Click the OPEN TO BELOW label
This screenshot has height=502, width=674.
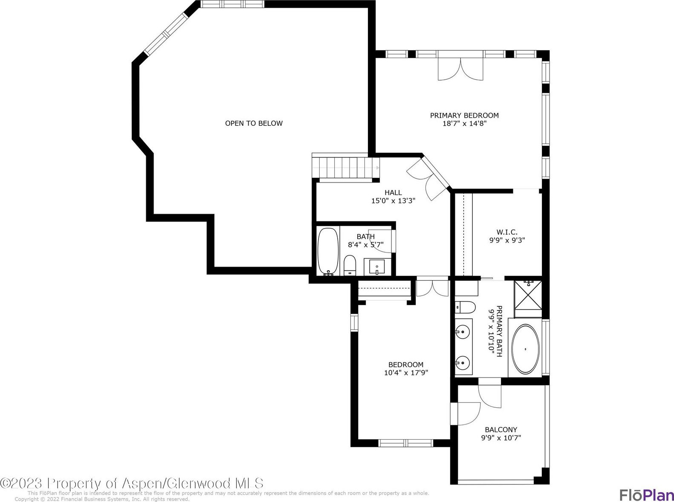254,123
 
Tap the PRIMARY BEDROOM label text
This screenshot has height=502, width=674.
464,116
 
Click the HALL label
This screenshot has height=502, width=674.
393,192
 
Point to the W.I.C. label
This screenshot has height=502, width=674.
507,232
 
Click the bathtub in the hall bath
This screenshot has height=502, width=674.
328,252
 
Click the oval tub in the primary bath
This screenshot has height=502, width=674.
526,349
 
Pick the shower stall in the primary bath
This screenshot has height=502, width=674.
528,299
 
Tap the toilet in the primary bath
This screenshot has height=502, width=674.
465,308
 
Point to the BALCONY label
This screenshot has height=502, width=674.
501,429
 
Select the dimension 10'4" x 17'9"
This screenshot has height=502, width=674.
406,372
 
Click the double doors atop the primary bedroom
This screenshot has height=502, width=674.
460,70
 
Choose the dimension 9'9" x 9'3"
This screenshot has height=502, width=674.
507,240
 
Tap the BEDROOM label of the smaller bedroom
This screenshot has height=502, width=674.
406,365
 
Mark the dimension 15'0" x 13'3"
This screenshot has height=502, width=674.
393,201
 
